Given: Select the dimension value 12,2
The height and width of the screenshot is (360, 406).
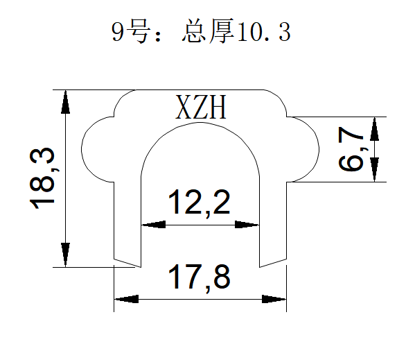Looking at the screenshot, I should [200, 203].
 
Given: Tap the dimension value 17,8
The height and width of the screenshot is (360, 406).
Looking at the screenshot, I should [200, 278].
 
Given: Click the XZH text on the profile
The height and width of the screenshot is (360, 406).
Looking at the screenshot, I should [202, 108].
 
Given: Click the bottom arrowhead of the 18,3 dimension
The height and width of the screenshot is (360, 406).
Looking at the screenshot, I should [66, 254].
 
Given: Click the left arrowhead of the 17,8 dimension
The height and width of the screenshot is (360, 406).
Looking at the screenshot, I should [125, 299].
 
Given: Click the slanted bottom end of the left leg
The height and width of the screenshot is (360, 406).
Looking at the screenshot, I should [127, 263].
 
